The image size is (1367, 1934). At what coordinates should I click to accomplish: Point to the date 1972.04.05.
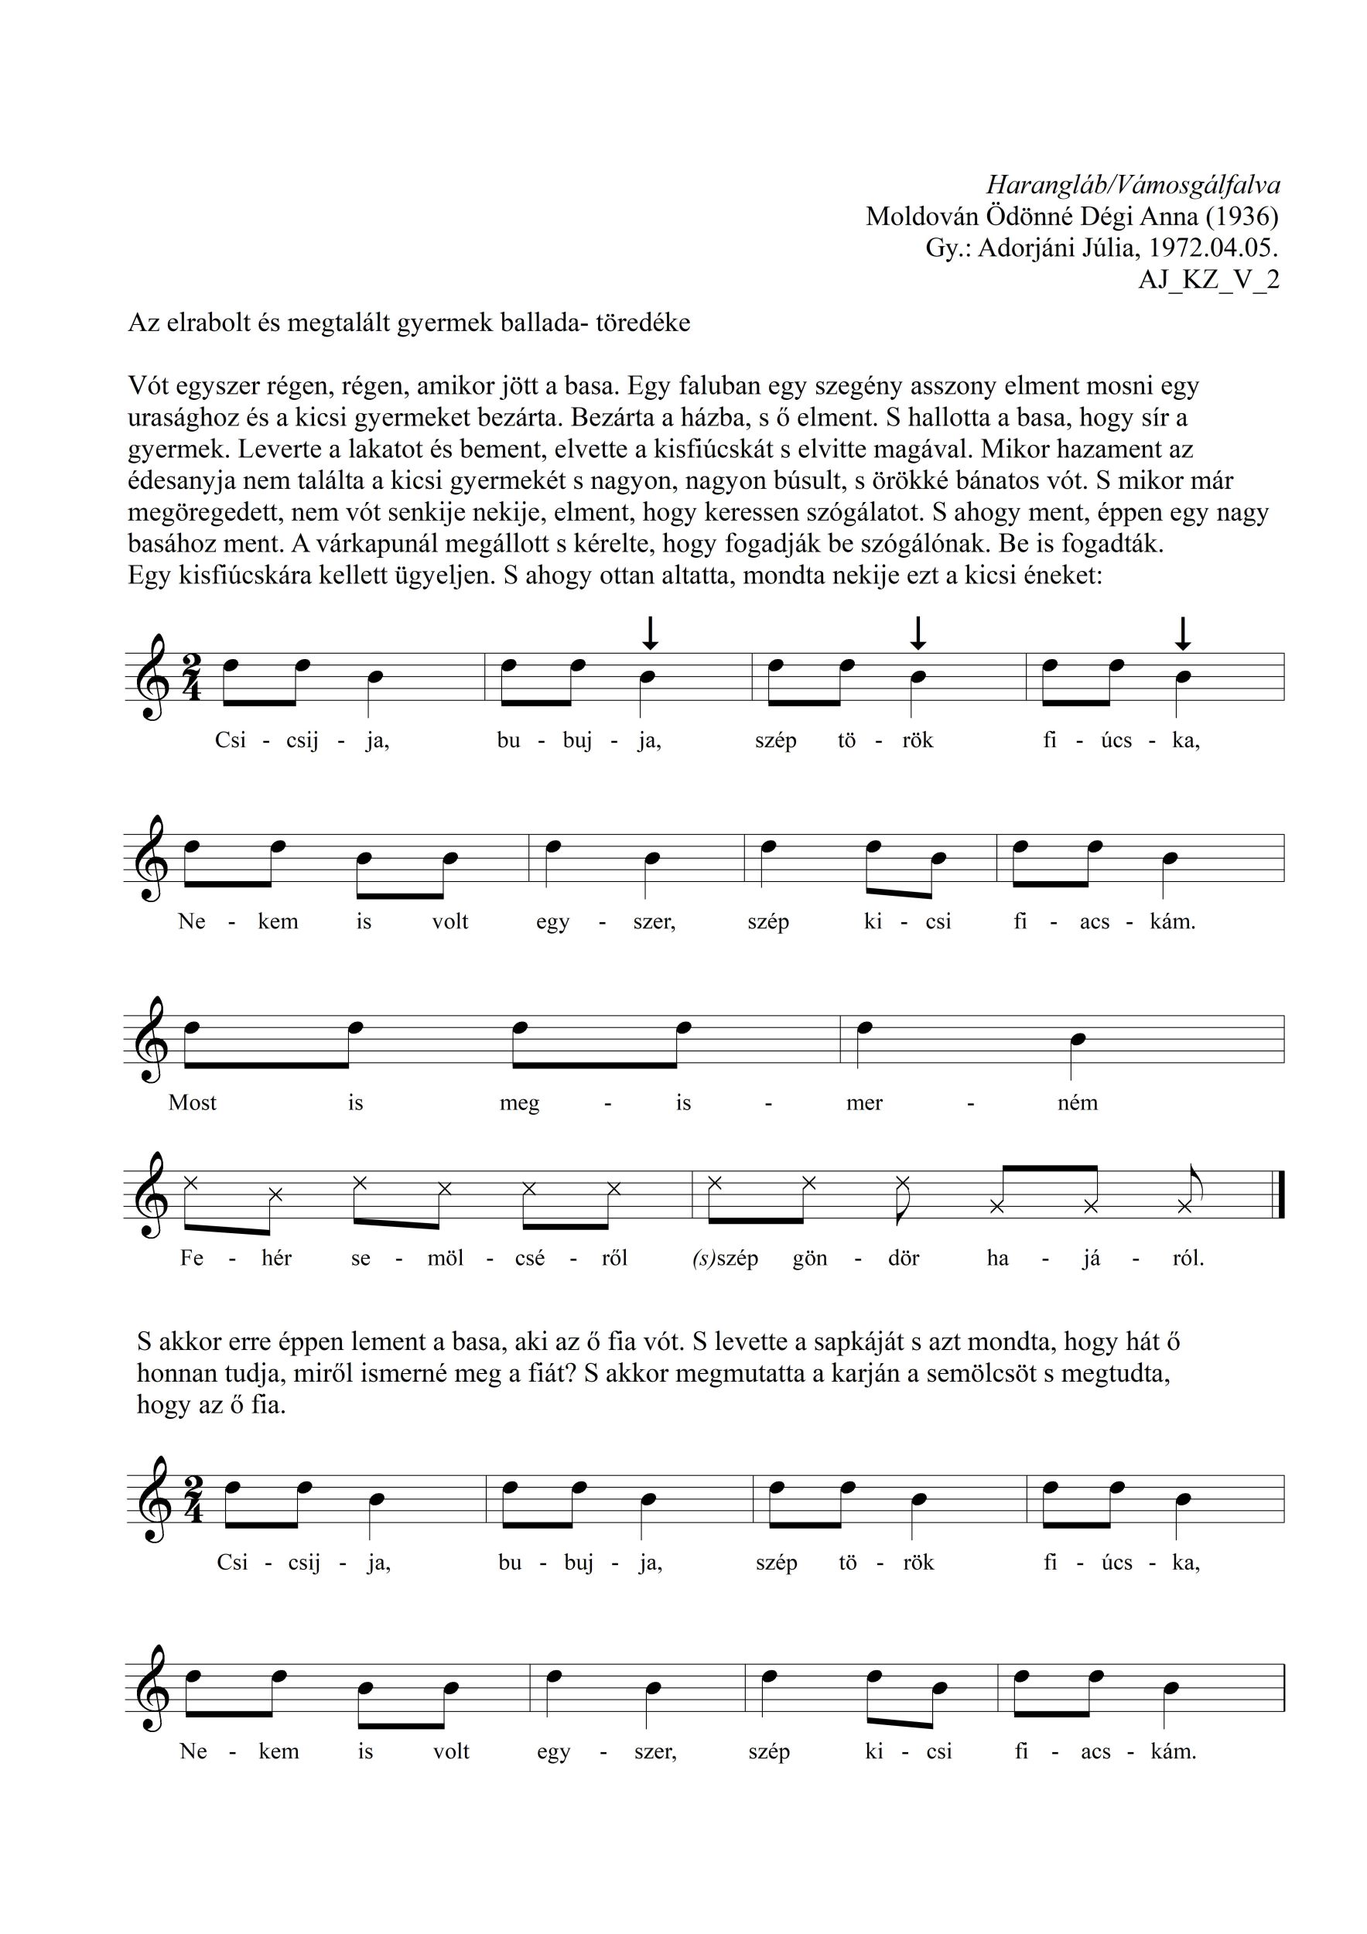[x=1213, y=248]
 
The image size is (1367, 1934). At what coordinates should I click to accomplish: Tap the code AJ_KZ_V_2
[x=1208, y=279]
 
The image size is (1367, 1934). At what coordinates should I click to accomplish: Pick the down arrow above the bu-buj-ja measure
[x=649, y=633]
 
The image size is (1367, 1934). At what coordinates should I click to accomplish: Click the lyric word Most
[x=192, y=1102]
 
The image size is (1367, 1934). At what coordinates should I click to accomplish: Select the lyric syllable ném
[x=1077, y=1102]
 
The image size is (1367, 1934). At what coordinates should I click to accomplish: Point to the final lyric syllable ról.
[x=1188, y=1258]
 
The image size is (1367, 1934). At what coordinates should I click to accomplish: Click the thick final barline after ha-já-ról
[x=1281, y=1194]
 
